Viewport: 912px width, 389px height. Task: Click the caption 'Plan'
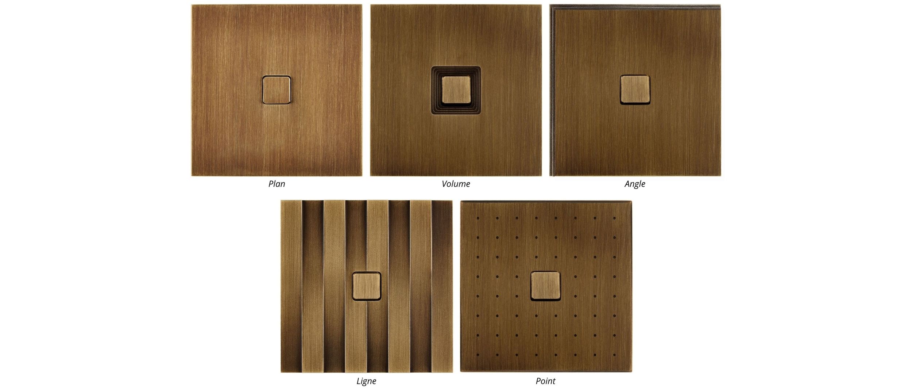click(x=277, y=184)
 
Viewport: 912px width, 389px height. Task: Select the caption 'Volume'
click(x=456, y=184)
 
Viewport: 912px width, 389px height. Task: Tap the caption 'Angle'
click(x=635, y=184)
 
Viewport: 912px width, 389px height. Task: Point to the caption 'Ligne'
click(x=366, y=381)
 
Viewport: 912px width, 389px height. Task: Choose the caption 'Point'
click(x=545, y=381)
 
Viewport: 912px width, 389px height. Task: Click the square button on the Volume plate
click(x=456, y=90)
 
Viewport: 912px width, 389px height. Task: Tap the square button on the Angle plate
click(x=635, y=89)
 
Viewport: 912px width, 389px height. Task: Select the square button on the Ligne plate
click(x=367, y=286)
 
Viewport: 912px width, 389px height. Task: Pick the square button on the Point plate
click(x=545, y=286)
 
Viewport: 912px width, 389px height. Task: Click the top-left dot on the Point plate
click(x=478, y=218)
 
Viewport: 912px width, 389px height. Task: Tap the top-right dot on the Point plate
click(x=614, y=218)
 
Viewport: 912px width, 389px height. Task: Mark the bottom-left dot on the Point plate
click(x=478, y=355)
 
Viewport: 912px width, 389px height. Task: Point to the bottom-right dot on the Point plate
click(x=614, y=355)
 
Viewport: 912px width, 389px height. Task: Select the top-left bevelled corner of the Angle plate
click(x=552, y=7)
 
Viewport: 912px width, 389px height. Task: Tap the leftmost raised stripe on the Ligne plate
click(x=291, y=286)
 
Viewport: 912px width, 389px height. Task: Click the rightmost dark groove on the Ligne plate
click(x=442, y=286)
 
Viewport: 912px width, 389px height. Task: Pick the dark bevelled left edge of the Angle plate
click(x=552, y=90)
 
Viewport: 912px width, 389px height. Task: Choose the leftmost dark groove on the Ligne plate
click(x=313, y=286)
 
